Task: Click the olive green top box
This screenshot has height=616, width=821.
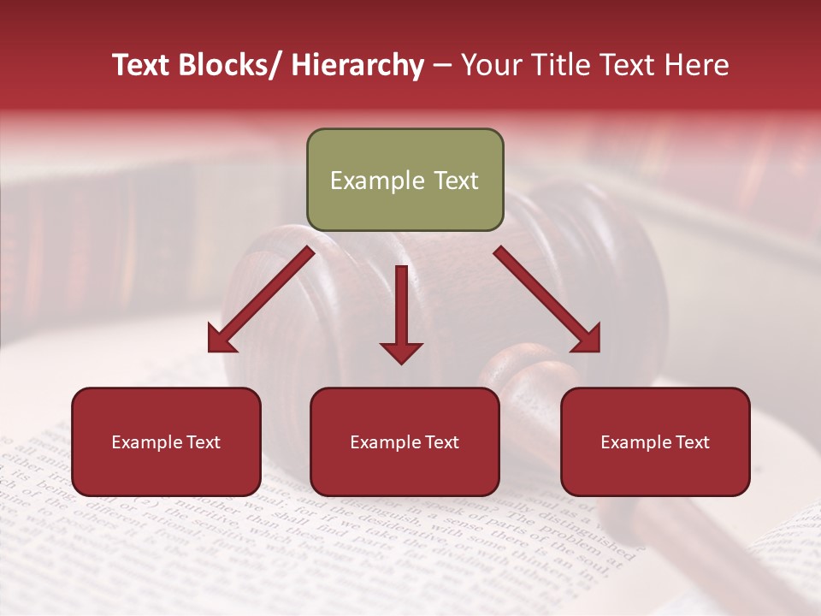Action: [x=405, y=180]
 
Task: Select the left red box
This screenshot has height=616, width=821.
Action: [x=166, y=441]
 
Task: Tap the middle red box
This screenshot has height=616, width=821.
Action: [x=405, y=441]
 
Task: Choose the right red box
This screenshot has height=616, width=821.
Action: [x=655, y=441]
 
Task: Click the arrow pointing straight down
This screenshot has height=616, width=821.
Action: [x=401, y=312]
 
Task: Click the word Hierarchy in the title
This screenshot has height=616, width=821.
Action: [x=357, y=65]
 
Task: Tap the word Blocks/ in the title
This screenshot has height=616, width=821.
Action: [x=225, y=65]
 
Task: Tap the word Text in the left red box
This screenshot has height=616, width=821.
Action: [x=203, y=442]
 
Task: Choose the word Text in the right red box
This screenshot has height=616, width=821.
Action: [x=692, y=442]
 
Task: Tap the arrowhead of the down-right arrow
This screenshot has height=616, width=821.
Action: [x=586, y=339]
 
